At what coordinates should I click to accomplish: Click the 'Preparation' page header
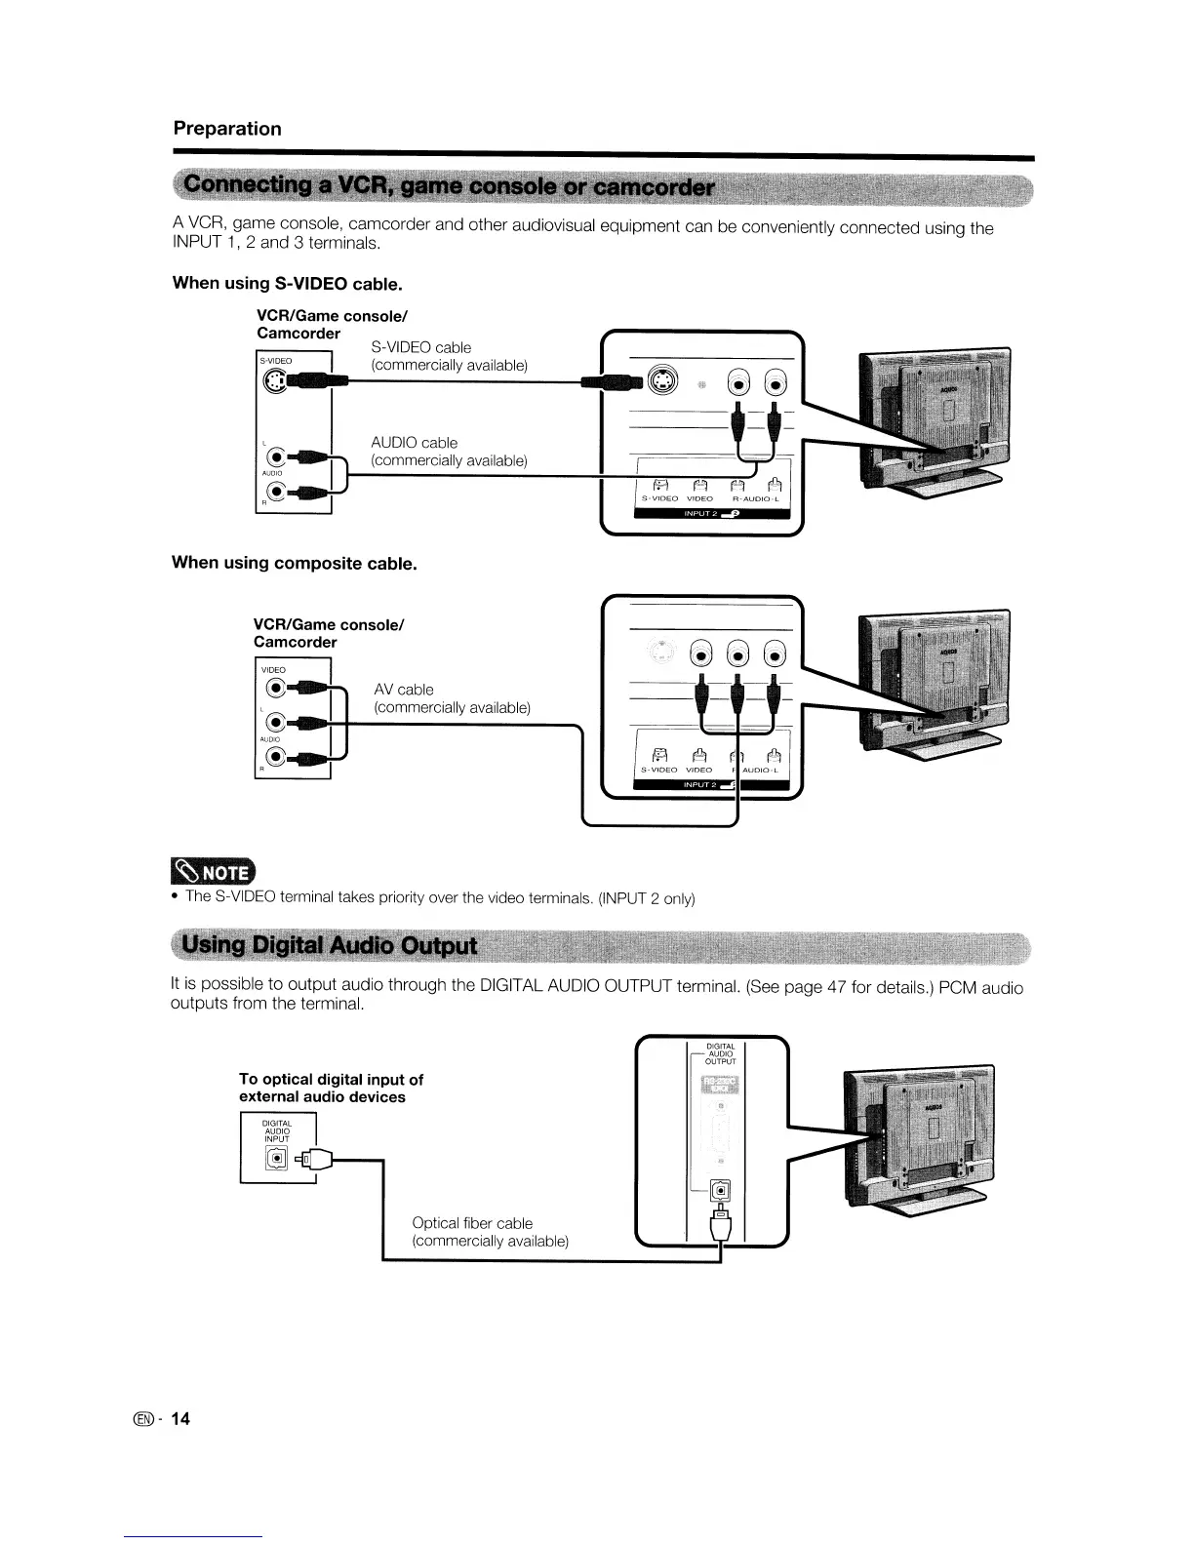coord(227,129)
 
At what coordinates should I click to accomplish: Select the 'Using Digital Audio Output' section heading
coord(331,945)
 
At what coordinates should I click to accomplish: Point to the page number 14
coord(180,1419)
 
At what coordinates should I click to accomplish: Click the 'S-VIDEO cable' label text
coord(420,347)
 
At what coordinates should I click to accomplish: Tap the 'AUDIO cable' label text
coord(414,443)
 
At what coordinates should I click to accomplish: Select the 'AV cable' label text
coord(404,690)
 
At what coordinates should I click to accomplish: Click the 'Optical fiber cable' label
coord(472,1223)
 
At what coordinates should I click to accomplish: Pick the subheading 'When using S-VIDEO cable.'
coord(287,284)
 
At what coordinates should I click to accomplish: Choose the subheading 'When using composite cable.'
coord(295,564)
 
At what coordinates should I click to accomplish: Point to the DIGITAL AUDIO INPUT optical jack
coord(277,1158)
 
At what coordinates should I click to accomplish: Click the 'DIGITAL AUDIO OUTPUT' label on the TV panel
coord(720,1054)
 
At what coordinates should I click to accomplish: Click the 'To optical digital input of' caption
coord(331,1079)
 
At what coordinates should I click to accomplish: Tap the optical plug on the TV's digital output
coord(720,1219)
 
